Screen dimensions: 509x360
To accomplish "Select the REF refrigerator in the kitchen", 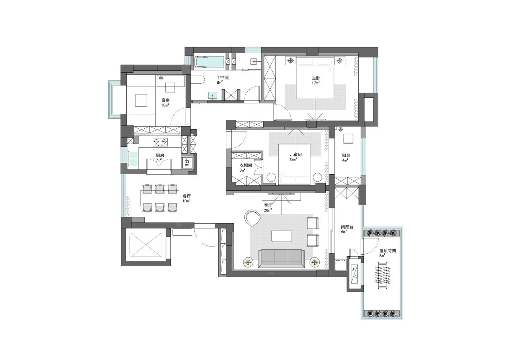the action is (x=187, y=162).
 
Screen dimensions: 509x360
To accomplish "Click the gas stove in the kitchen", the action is (x=160, y=142).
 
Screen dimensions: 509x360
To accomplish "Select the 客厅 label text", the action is (x=268, y=206).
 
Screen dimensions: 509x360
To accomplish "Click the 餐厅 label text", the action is (x=187, y=196).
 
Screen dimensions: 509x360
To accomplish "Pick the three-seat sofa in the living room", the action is (x=281, y=258).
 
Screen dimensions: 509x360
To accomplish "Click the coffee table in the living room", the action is (x=281, y=236).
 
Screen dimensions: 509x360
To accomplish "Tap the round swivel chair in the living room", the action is (x=252, y=218).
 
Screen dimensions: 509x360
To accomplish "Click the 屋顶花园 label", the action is (x=388, y=251).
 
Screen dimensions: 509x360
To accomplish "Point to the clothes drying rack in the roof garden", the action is (x=383, y=276).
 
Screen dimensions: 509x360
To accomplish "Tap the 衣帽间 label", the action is (x=246, y=165).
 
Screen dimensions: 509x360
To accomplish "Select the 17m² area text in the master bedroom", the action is (x=316, y=83).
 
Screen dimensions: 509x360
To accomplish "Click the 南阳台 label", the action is (x=347, y=227).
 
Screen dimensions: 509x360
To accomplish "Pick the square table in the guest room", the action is (x=141, y=101).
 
